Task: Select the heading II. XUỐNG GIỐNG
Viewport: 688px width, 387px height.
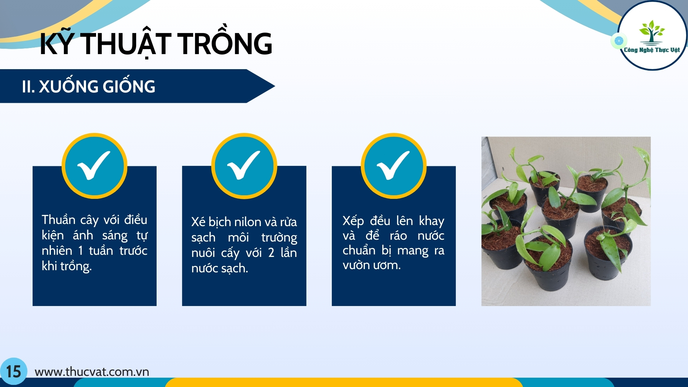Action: coord(89,86)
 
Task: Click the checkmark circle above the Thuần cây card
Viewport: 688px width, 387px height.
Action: coord(94,166)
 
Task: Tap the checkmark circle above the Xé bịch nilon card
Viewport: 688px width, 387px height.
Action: coord(244,166)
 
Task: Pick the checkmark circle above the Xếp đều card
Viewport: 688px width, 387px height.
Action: coord(393,166)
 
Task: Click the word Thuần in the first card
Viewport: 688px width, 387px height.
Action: coord(58,219)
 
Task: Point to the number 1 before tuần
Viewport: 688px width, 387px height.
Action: coord(81,250)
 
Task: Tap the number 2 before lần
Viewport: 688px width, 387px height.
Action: coord(271,253)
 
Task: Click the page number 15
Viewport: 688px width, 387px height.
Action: coord(14,372)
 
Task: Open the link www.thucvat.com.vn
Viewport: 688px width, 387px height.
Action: coord(92,372)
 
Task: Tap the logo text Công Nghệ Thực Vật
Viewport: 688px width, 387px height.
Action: coord(652,50)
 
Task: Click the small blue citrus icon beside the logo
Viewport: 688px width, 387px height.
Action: coord(619,41)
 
